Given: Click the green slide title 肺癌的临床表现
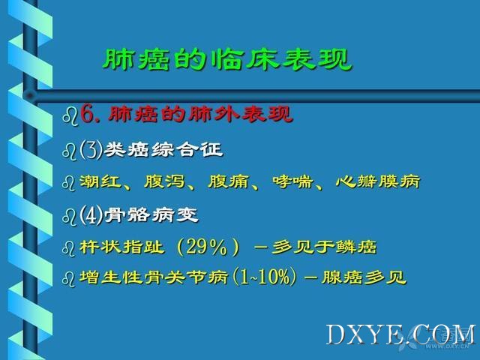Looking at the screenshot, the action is click(x=227, y=58).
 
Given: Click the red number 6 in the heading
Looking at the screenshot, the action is click(x=87, y=115).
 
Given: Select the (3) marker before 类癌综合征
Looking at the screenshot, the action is click(x=91, y=150).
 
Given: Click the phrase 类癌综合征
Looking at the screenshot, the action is click(x=163, y=150).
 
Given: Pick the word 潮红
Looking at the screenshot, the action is click(x=100, y=181).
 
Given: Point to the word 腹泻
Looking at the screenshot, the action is click(x=164, y=181).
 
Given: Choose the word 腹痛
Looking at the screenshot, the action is click(x=228, y=181).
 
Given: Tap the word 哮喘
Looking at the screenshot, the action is click(x=292, y=181).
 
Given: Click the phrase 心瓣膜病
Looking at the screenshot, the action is click(x=378, y=181).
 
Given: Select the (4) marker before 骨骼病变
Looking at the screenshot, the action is click(x=91, y=215).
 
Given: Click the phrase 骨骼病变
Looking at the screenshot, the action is click(x=151, y=215).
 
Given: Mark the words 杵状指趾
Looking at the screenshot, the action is click(x=121, y=247).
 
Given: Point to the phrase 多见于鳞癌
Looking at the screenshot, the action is click(x=324, y=247).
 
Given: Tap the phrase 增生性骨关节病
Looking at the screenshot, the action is click(x=154, y=277).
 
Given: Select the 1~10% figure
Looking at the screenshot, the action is click(x=265, y=277).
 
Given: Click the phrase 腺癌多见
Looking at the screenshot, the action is click(x=364, y=277).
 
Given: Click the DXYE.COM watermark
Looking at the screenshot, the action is click(x=400, y=335).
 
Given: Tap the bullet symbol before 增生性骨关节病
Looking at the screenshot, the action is click(x=68, y=279).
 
